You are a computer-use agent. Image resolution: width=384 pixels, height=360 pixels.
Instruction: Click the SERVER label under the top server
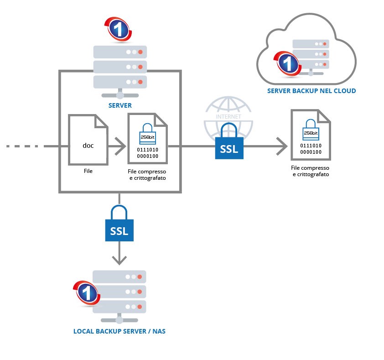coord(120,105)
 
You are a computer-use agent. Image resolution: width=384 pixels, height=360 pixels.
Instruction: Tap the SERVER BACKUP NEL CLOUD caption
coord(311,91)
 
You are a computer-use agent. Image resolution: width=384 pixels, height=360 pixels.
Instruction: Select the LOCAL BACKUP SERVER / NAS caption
coord(119,331)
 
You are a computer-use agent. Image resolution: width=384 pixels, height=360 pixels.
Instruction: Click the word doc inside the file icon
coord(88,146)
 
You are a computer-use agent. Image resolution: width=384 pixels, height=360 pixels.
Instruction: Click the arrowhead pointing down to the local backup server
coord(119,260)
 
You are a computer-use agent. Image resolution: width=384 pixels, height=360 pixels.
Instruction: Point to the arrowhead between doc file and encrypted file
coord(121,146)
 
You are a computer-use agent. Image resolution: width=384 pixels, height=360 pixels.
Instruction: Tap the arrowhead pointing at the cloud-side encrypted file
coord(282,146)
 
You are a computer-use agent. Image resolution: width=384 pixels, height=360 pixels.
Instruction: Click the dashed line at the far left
coord(25,146)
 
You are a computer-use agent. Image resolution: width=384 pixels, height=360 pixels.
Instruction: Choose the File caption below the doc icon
coord(88,171)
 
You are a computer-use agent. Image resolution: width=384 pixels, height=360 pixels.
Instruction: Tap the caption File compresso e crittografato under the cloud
coord(311,171)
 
